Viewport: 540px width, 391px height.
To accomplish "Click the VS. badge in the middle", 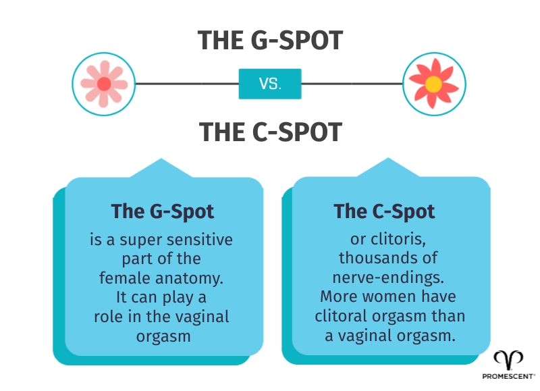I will pos(270,84).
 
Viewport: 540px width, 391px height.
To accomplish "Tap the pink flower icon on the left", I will pos(104,84).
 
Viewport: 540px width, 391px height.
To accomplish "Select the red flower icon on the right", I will pos(434,84).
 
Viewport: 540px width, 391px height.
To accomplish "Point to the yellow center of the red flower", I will pos(434,84).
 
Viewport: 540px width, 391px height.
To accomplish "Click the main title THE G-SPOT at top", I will pos(270,41).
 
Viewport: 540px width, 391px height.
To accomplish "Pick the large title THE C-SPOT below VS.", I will pos(270,132).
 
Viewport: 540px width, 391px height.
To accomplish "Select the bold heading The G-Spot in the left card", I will pos(162,211).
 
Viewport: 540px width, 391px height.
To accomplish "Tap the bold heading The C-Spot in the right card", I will pos(384,211).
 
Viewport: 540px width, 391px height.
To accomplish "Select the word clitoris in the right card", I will pos(394,240).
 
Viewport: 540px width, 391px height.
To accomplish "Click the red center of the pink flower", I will pos(104,84).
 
